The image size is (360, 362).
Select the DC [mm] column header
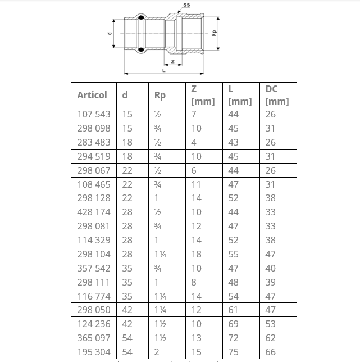[277, 95]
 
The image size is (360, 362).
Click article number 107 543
[93, 114]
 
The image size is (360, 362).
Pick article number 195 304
[93, 352]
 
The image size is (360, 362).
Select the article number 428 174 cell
[93, 212]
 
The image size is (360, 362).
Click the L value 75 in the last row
[233, 352]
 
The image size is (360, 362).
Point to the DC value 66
[271, 352]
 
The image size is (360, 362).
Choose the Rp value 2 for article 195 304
[157, 352]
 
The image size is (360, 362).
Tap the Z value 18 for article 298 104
[196, 254]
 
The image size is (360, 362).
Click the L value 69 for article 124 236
[233, 324]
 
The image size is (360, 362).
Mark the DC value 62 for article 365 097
[271, 338]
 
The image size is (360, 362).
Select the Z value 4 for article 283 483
[194, 142]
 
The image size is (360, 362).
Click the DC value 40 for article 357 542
[271, 268]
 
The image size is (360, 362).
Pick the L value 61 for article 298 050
[233, 310]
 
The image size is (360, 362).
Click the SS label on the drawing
[186, 4]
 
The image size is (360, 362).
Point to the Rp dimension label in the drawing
[214, 33]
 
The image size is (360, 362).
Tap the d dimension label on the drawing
[110, 33]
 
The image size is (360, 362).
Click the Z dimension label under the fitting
[172, 61]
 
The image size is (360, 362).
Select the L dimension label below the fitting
[163, 70]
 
